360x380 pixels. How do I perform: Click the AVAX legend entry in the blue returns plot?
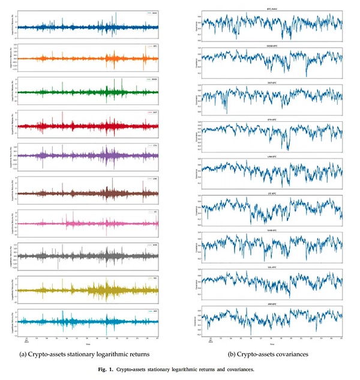pos(154,13)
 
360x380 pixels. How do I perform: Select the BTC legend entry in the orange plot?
pos(154,46)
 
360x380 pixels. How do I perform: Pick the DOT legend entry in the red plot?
pos(154,112)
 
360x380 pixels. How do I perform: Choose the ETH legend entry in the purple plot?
pos(154,146)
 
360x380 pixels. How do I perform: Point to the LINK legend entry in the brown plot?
pos(154,179)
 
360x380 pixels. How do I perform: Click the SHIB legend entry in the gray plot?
pos(154,245)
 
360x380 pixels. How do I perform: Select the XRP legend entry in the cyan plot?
pos(154,312)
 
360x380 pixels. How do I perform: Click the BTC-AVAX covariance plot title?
pos(271,9)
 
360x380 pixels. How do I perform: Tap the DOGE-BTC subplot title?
pos(271,45)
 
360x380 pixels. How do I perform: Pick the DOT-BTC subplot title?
pos(271,81)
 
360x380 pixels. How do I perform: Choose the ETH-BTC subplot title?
pos(271,119)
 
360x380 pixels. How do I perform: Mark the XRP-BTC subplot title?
pos(271,304)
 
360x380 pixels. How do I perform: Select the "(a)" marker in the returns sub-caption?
pos(23,355)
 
